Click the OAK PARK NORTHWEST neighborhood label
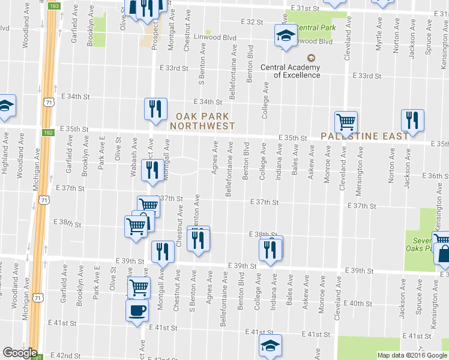point(202,121)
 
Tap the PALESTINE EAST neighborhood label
point(365,136)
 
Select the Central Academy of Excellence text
point(290,71)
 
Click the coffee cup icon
point(136,311)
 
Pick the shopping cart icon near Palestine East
point(346,122)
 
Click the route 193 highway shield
point(54,5)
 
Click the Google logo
point(20,353)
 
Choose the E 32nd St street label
point(252,22)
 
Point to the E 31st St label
point(304,8)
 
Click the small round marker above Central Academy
point(311,58)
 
